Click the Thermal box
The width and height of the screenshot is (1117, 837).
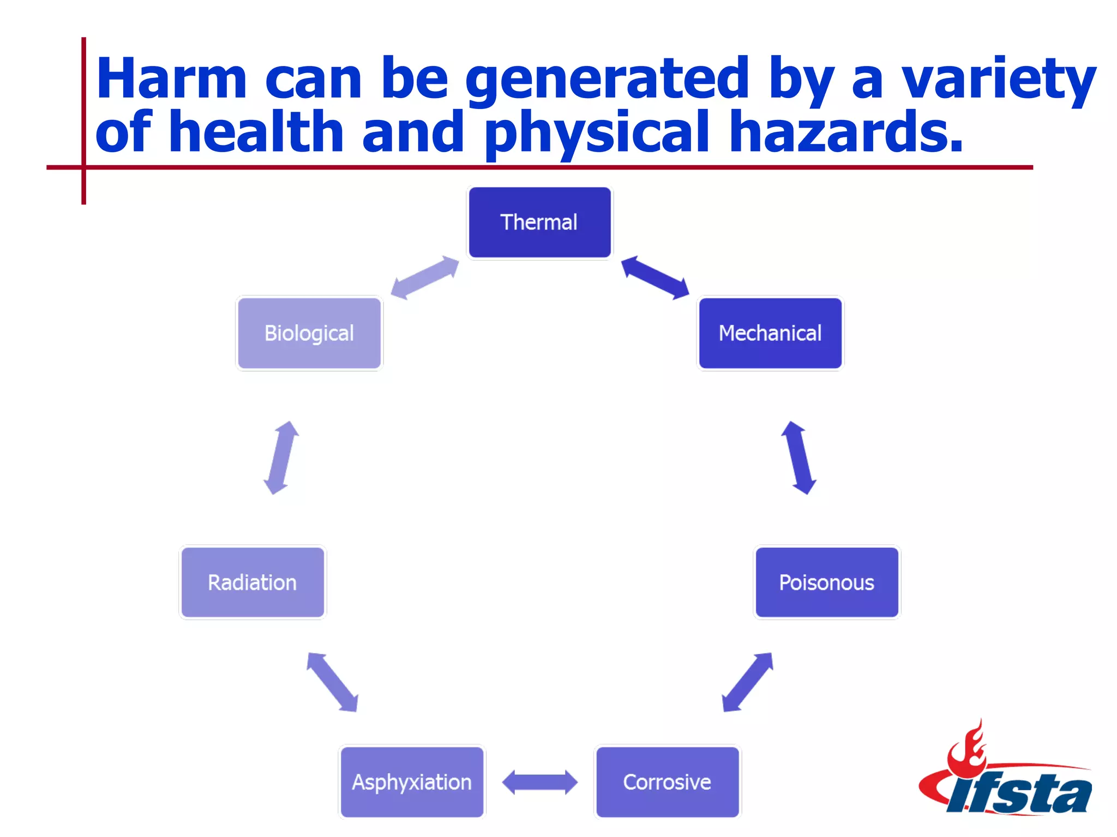coord(539,222)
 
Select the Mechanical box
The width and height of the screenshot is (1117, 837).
coord(770,333)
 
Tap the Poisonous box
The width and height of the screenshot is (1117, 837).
coord(826,583)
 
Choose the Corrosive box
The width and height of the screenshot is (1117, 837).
coord(667,782)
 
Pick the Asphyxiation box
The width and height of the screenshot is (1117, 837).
coord(412,782)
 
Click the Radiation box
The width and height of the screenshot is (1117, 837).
coord(253,583)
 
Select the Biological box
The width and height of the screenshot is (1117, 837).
coord(309,333)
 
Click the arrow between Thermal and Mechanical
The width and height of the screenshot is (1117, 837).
coord(655,278)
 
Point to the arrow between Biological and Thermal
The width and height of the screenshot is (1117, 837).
coord(425,278)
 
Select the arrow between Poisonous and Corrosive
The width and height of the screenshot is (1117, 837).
coord(747,682)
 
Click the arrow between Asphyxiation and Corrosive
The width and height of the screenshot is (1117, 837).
coord(539,782)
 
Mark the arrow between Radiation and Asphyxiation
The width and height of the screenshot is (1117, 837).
coord(332,682)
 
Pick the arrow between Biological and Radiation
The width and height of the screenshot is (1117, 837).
coord(281,458)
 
